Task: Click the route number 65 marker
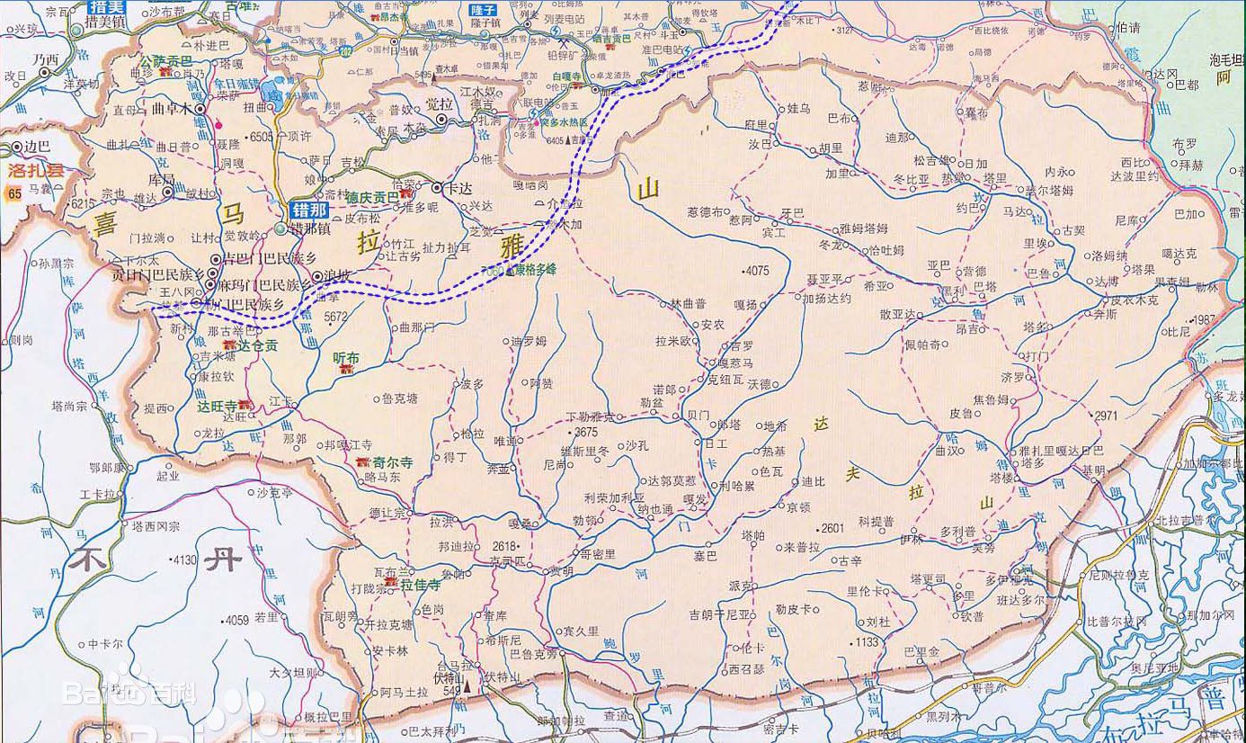pyautogui.click(x=13, y=193)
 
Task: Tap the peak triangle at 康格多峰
pyautogui.click(x=511, y=270)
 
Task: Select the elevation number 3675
pyautogui.click(x=584, y=432)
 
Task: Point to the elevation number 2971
pyautogui.click(x=1106, y=416)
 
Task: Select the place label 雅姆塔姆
pyautogui.click(x=864, y=228)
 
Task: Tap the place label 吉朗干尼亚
pyautogui.click(x=719, y=615)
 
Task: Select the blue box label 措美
pyautogui.click(x=107, y=6)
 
